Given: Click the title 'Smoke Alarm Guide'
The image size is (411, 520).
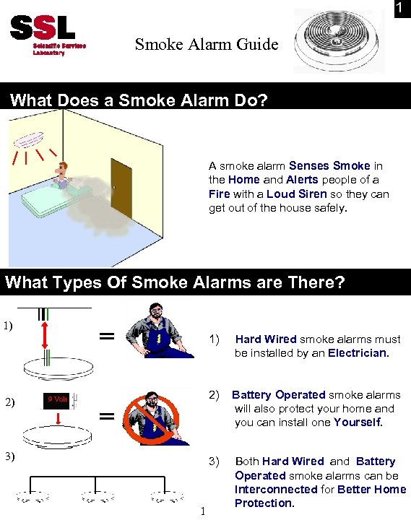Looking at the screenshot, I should (x=206, y=45).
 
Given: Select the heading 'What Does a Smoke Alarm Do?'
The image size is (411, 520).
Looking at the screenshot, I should (x=139, y=100).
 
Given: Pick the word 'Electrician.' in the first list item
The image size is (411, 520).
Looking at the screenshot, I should (x=358, y=354).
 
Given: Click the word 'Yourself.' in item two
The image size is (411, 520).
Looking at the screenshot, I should (x=358, y=422).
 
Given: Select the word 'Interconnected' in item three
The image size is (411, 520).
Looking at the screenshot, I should (x=276, y=489).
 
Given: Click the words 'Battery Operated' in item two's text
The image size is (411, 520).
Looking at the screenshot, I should (x=278, y=395).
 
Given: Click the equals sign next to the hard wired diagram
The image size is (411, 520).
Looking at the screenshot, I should (x=106, y=335).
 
